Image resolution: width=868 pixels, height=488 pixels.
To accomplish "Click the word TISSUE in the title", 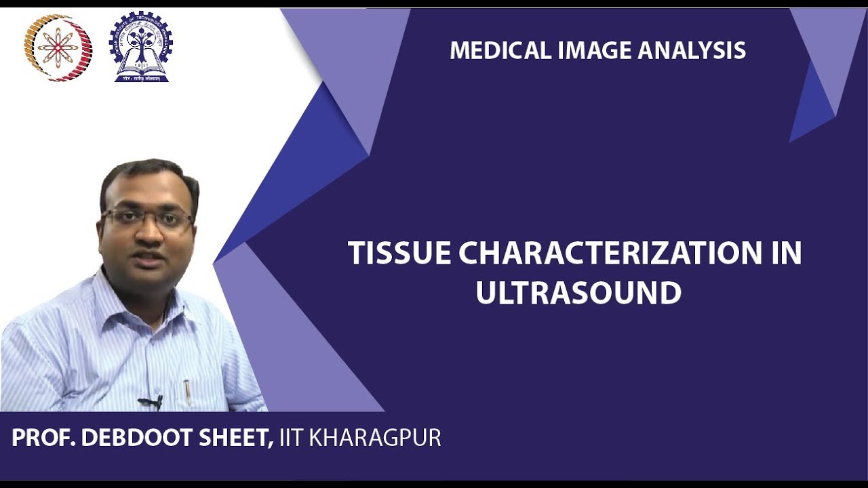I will [399, 253].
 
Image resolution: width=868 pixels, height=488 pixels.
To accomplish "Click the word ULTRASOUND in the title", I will [578, 293].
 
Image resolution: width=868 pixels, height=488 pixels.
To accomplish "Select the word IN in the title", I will [786, 253].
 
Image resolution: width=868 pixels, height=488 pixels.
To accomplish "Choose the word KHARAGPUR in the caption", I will [375, 438].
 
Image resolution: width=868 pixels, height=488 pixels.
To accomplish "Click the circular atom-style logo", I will [58, 48].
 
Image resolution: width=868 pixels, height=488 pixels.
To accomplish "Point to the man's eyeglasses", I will [147, 219].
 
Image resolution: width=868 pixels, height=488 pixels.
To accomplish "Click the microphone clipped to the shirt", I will [151, 403].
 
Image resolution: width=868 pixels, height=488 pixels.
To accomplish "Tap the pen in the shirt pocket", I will [187, 392].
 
